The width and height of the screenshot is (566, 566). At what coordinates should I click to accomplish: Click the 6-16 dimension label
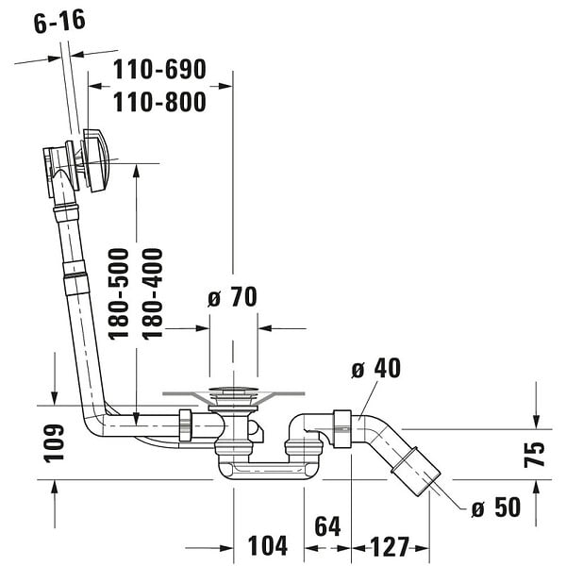click(59, 21)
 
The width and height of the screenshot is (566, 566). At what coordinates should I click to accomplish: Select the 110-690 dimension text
click(159, 69)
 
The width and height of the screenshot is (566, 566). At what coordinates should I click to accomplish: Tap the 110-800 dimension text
click(159, 102)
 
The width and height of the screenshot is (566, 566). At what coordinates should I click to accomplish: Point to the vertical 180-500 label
click(119, 293)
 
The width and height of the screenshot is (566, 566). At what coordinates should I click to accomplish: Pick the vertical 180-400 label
click(152, 293)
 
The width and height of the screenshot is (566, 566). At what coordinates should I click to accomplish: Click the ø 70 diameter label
click(232, 297)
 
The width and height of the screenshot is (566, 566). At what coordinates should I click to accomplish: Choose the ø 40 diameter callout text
click(375, 368)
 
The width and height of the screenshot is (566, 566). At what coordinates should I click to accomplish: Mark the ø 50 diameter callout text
click(496, 508)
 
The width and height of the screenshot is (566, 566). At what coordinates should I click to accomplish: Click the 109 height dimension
click(54, 443)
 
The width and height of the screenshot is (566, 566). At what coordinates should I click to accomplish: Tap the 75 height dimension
click(535, 455)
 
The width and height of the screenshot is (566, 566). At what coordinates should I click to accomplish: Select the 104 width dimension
click(268, 545)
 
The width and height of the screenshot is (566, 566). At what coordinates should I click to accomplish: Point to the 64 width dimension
click(327, 526)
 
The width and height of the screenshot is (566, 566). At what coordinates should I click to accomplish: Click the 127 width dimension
click(390, 546)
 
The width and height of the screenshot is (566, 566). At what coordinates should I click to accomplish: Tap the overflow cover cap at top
click(96, 160)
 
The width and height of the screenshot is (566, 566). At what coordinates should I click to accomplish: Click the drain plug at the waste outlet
click(233, 391)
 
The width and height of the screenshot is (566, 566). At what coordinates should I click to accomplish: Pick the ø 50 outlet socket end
click(415, 472)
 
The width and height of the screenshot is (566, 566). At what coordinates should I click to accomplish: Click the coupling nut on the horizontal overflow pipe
click(185, 425)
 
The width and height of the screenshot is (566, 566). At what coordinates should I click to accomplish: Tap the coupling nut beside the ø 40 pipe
click(342, 429)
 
